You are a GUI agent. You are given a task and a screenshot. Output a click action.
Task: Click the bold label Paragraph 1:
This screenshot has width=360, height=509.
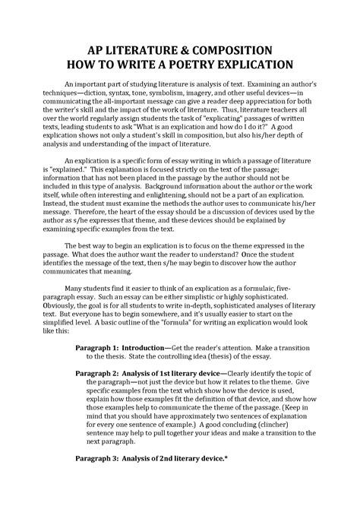(x=102, y=346)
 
